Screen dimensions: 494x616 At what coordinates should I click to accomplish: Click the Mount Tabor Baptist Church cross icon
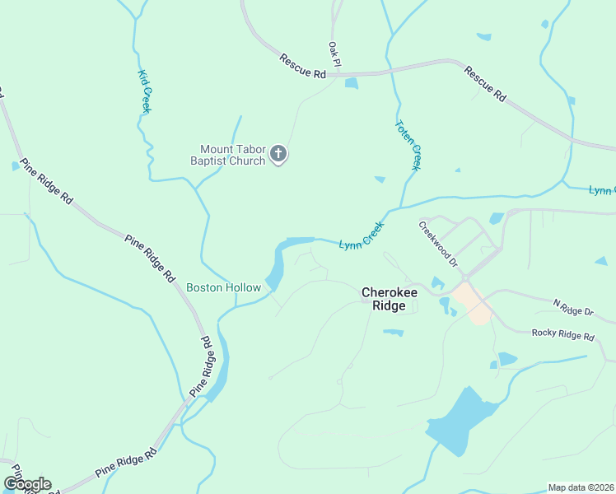(x=278, y=153)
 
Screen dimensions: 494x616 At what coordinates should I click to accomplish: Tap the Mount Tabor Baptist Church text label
(x=227, y=155)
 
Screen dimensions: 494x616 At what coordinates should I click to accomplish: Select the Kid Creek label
(x=143, y=91)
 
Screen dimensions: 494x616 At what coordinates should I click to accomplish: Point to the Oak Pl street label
(x=334, y=54)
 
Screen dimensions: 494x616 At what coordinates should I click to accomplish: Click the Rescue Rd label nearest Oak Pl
(x=303, y=67)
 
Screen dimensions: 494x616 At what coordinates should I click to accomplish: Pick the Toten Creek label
(x=408, y=146)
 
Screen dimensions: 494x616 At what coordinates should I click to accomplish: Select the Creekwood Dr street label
(x=437, y=243)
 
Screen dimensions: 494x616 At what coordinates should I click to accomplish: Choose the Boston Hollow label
(x=223, y=287)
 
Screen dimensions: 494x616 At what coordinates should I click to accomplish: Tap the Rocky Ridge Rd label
(x=562, y=334)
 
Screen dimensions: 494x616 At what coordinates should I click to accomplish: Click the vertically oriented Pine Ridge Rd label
(x=208, y=364)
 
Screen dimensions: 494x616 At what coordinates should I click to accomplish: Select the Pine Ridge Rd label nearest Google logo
(x=125, y=462)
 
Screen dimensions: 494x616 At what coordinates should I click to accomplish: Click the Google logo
(x=27, y=484)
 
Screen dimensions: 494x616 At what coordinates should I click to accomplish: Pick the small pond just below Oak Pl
(x=352, y=83)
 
